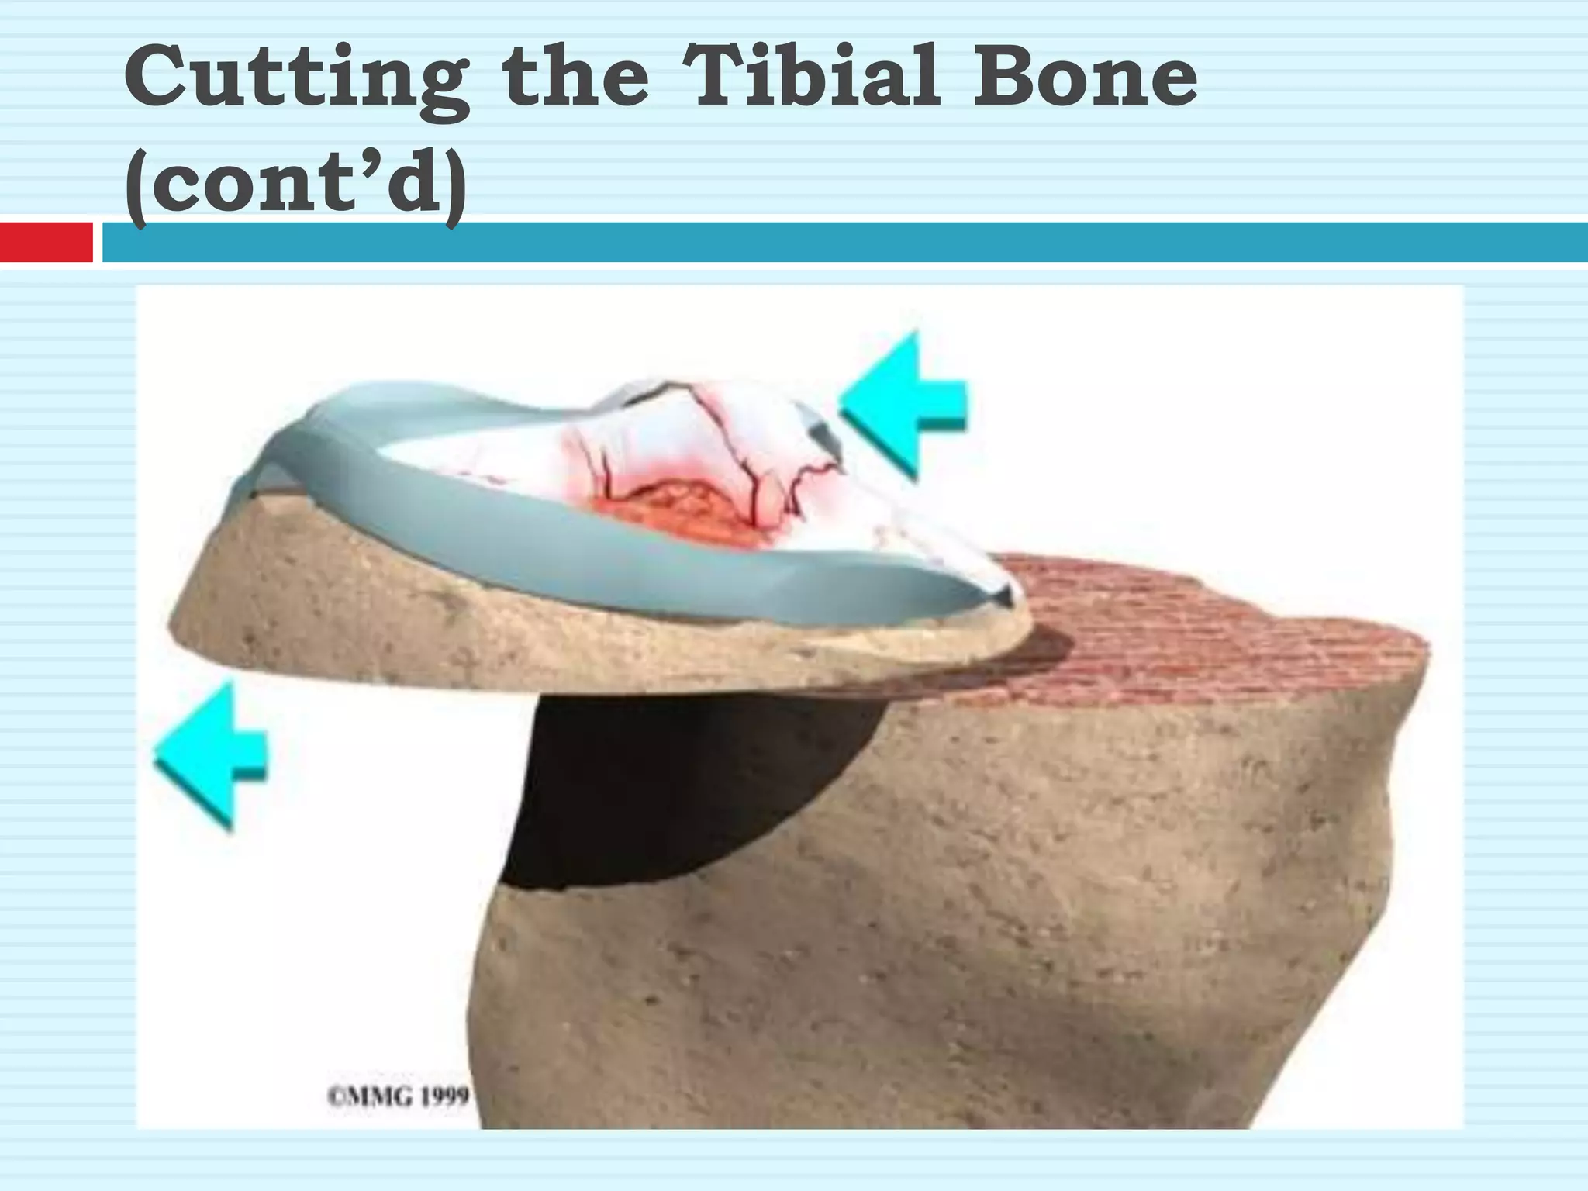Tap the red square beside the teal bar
46,242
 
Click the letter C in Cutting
159,78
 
